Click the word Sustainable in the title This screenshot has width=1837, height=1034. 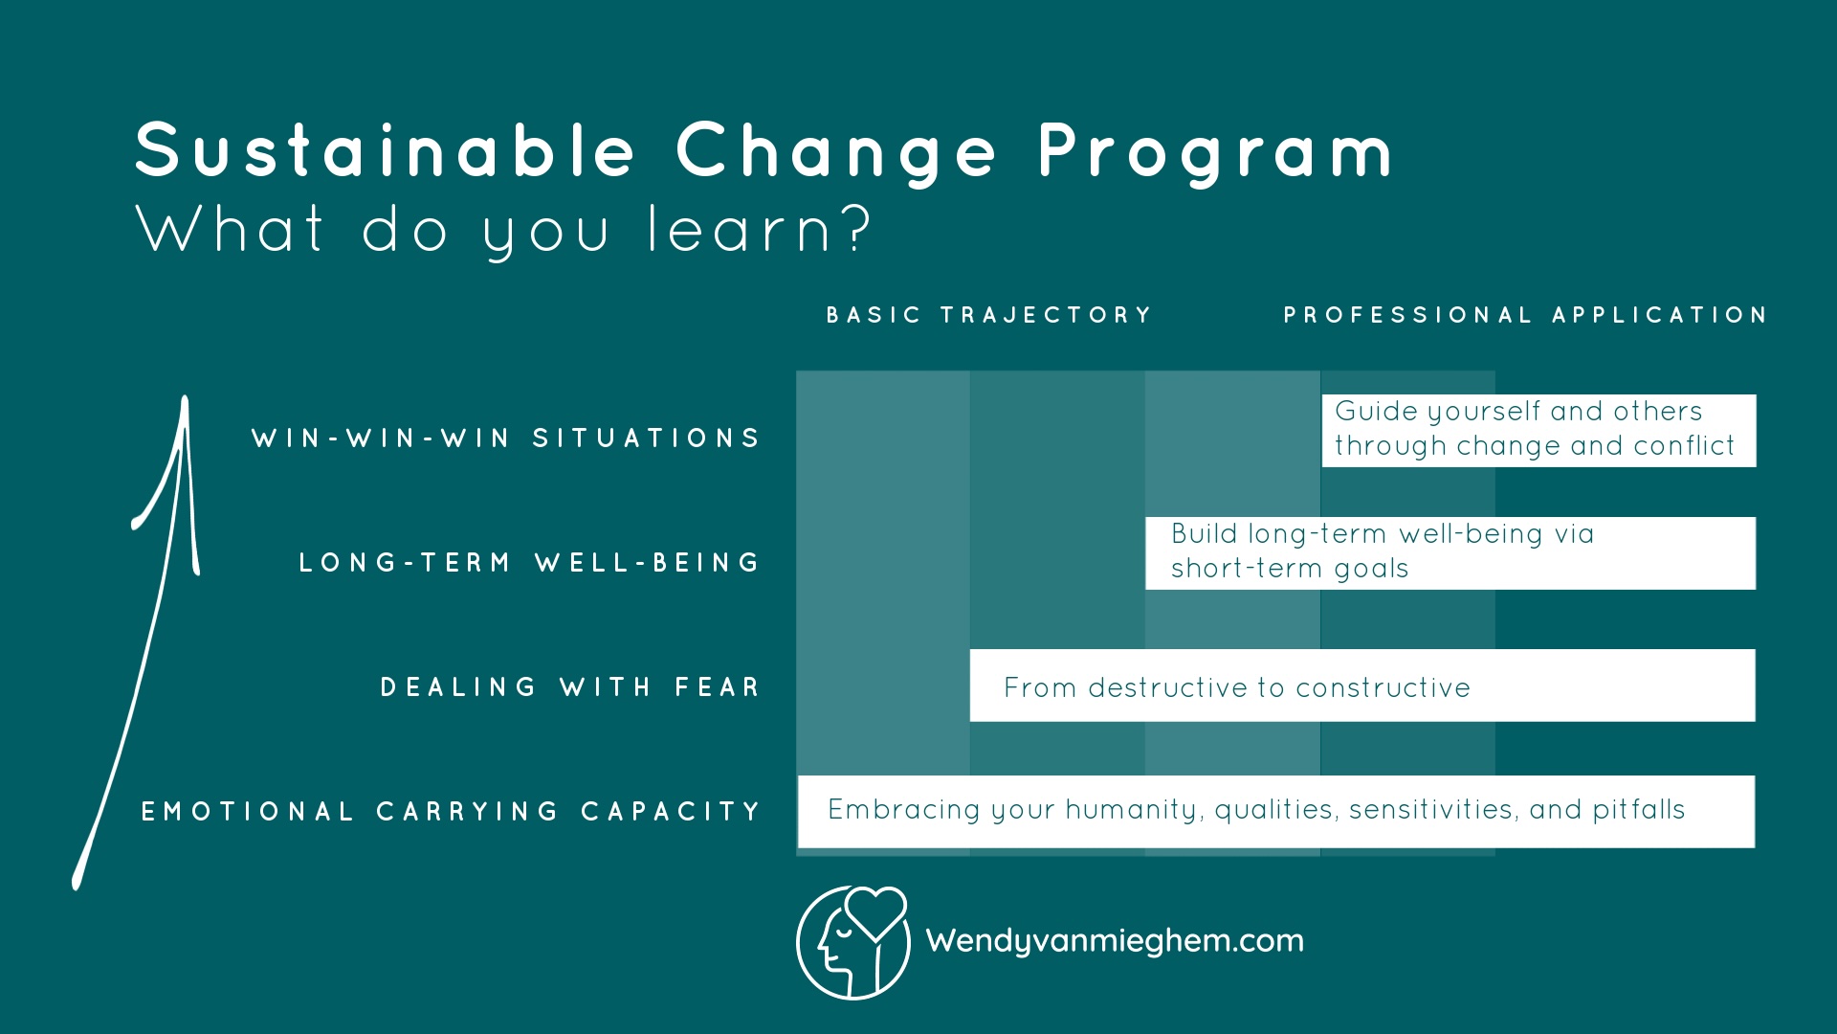[x=385, y=151]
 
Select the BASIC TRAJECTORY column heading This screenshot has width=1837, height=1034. [x=989, y=315]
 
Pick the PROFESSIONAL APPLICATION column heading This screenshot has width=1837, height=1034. [x=1525, y=315]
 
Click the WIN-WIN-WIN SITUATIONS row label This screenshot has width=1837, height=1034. [x=506, y=438]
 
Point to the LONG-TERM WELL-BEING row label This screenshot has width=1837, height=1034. [x=530, y=563]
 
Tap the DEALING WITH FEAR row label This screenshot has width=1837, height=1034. [x=570, y=687]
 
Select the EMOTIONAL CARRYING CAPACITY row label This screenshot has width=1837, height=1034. [x=451, y=812]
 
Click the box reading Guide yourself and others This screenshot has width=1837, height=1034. [x=1538, y=430]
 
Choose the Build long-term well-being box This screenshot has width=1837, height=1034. [x=1450, y=552]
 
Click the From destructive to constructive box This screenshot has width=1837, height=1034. [x=1361, y=686]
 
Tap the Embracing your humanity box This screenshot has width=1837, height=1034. [x=1275, y=811]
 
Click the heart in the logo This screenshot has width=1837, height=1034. [x=875, y=911]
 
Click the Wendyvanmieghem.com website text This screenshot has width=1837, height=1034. [x=1115, y=941]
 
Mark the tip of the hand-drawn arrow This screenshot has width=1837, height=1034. [x=185, y=400]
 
